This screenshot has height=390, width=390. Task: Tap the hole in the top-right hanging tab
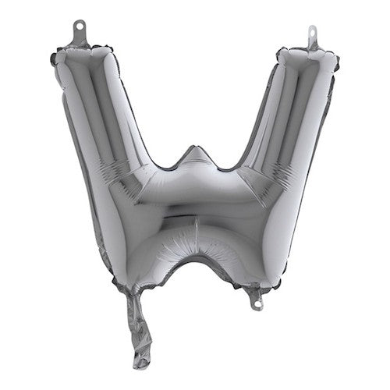(x=311, y=33)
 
